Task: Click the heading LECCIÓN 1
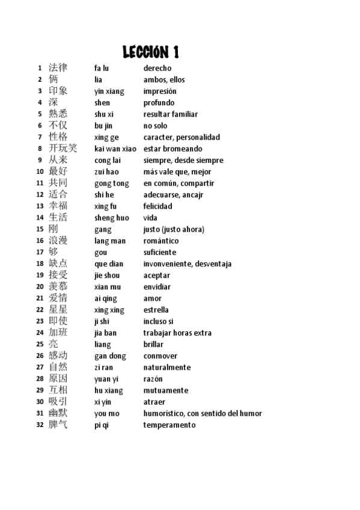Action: [151, 52]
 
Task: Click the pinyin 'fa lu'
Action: [102, 68]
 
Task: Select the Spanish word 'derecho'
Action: [157, 68]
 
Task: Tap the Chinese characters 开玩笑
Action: [63, 149]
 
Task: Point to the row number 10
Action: [40, 172]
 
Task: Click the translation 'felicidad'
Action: [157, 206]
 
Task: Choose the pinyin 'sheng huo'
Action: [112, 218]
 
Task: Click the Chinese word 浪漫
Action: [58, 241]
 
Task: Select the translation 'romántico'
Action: [161, 241]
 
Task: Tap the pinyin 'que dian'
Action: [109, 263]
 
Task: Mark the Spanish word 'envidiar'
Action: [157, 287]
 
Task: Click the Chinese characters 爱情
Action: [58, 298]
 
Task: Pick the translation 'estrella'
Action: [156, 310]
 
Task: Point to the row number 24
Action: [40, 333]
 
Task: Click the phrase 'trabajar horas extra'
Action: [177, 333]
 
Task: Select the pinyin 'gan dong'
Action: [111, 356]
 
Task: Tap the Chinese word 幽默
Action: [58, 413]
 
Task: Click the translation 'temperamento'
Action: [169, 425]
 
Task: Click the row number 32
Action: [40, 425]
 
